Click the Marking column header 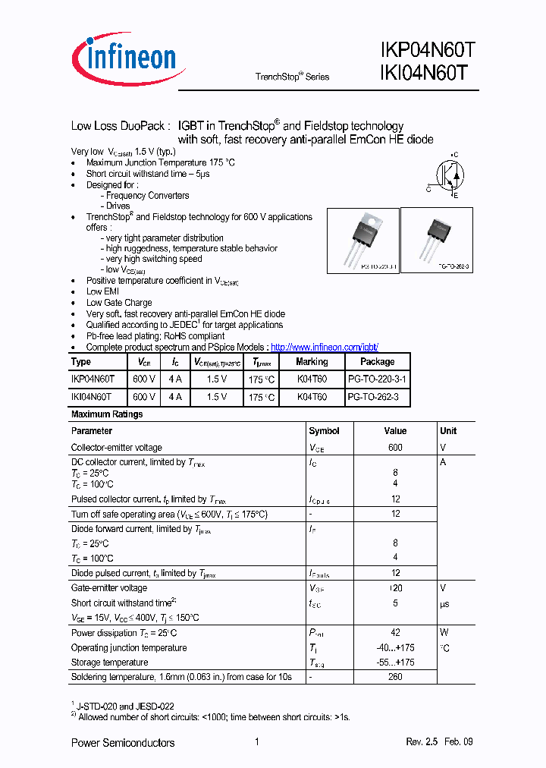point(312,362)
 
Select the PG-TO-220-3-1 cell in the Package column point(377,378)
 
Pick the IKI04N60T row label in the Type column point(91,396)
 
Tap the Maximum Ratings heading point(106,414)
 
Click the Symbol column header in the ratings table point(324,431)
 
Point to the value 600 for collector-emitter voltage point(395,448)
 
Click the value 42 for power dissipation point(395,633)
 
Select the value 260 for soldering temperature point(395,676)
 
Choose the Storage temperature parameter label point(109,663)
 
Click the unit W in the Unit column point(444,633)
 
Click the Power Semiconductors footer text point(122,742)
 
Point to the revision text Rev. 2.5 point(422,742)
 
